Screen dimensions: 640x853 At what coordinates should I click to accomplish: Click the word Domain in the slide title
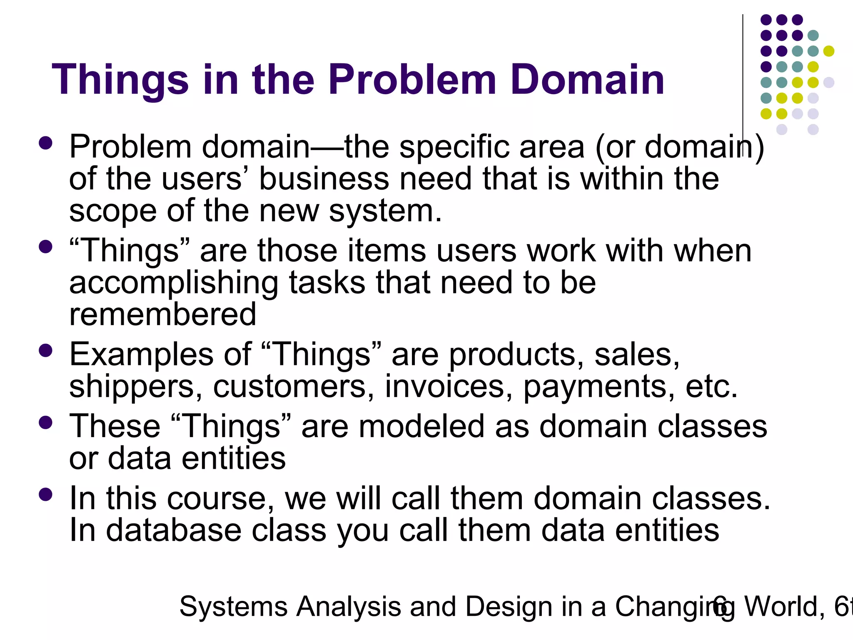[x=587, y=80]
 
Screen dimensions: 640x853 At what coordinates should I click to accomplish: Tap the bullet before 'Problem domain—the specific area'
[x=45, y=143]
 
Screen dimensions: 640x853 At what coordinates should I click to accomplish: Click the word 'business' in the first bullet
[x=324, y=179]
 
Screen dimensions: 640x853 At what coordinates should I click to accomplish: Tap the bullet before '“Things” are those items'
[x=45, y=247]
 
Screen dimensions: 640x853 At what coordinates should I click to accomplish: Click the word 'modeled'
[x=422, y=427]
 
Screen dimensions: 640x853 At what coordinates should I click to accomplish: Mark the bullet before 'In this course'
[x=45, y=495]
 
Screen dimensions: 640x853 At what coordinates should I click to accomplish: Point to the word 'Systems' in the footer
[x=233, y=607]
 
